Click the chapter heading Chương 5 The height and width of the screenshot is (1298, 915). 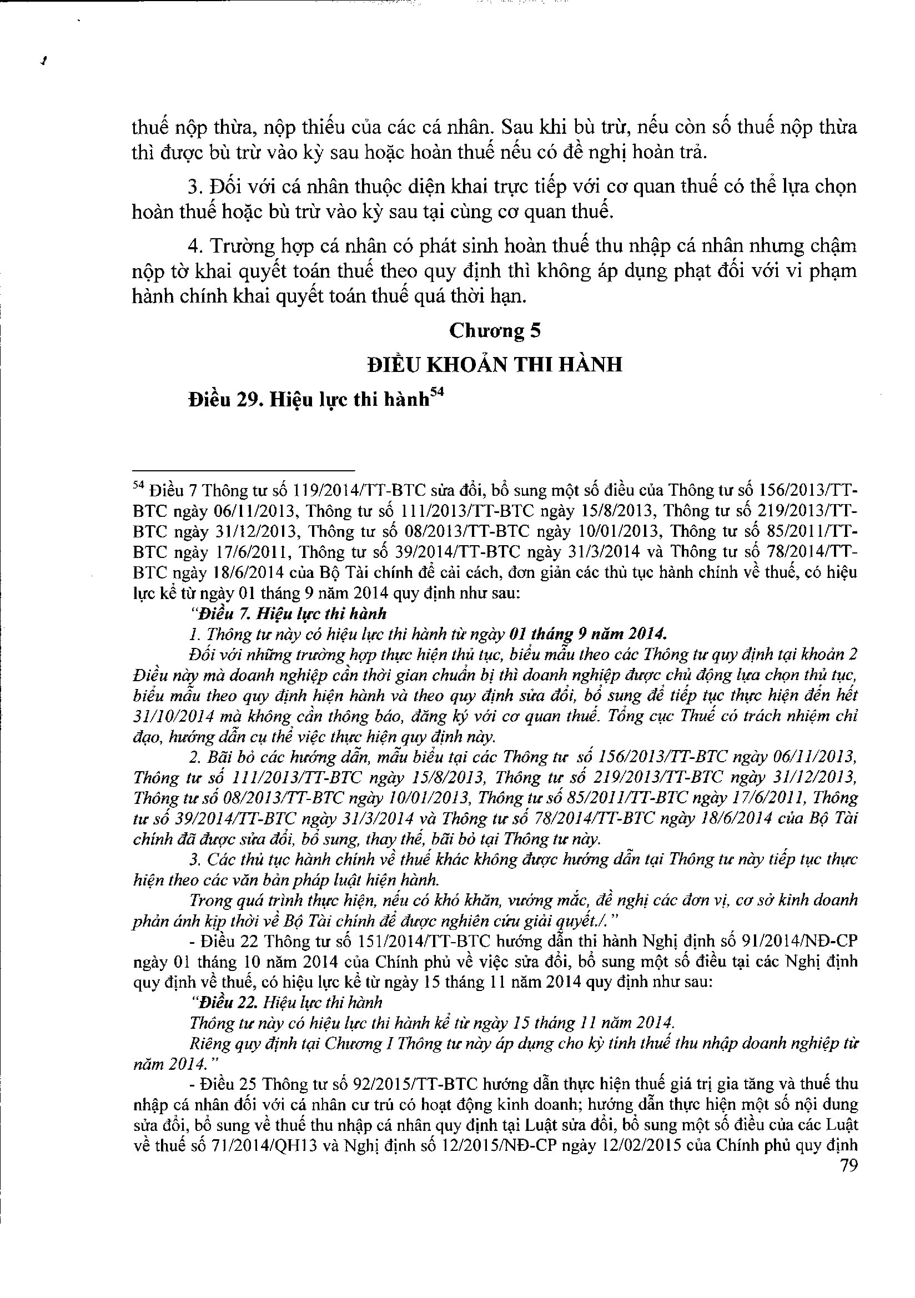[x=494, y=331]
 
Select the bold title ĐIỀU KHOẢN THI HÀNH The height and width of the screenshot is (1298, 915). [x=494, y=365]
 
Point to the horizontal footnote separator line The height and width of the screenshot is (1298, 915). [x=243, y=470]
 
